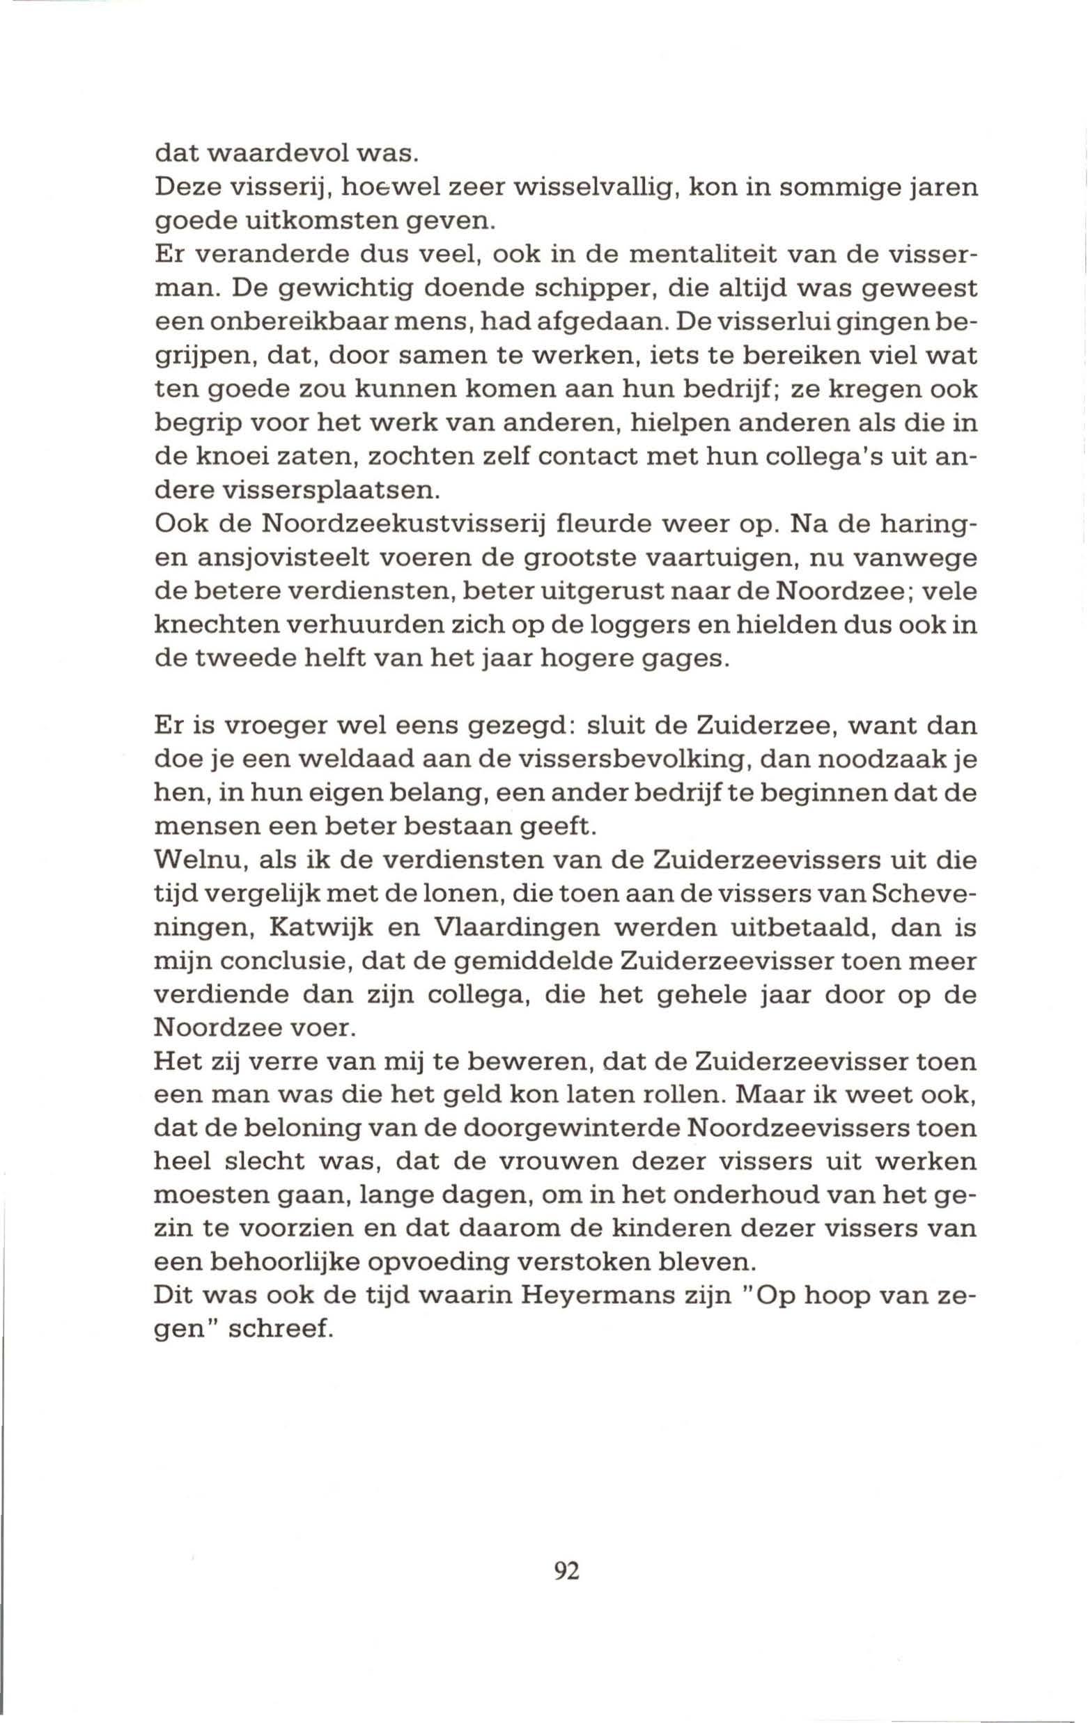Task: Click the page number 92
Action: (x=566, y=1591)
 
